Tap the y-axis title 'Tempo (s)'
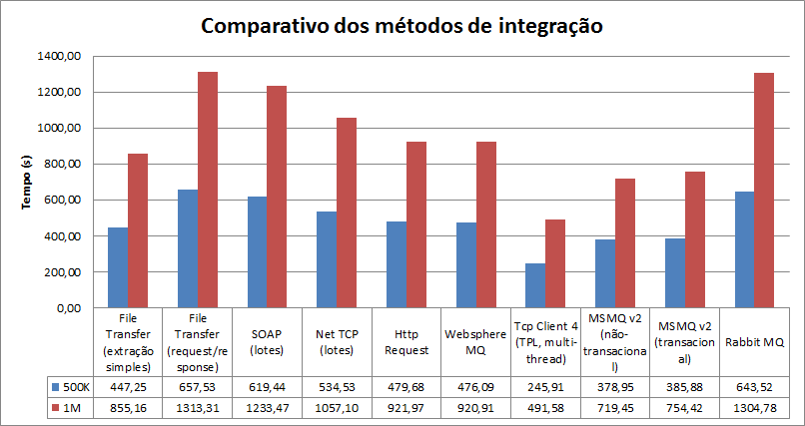[27, 182]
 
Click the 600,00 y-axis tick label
[62, 201]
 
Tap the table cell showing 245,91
[545, 386]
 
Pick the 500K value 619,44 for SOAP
[266, 386]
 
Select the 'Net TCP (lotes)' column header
[336, 342]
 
